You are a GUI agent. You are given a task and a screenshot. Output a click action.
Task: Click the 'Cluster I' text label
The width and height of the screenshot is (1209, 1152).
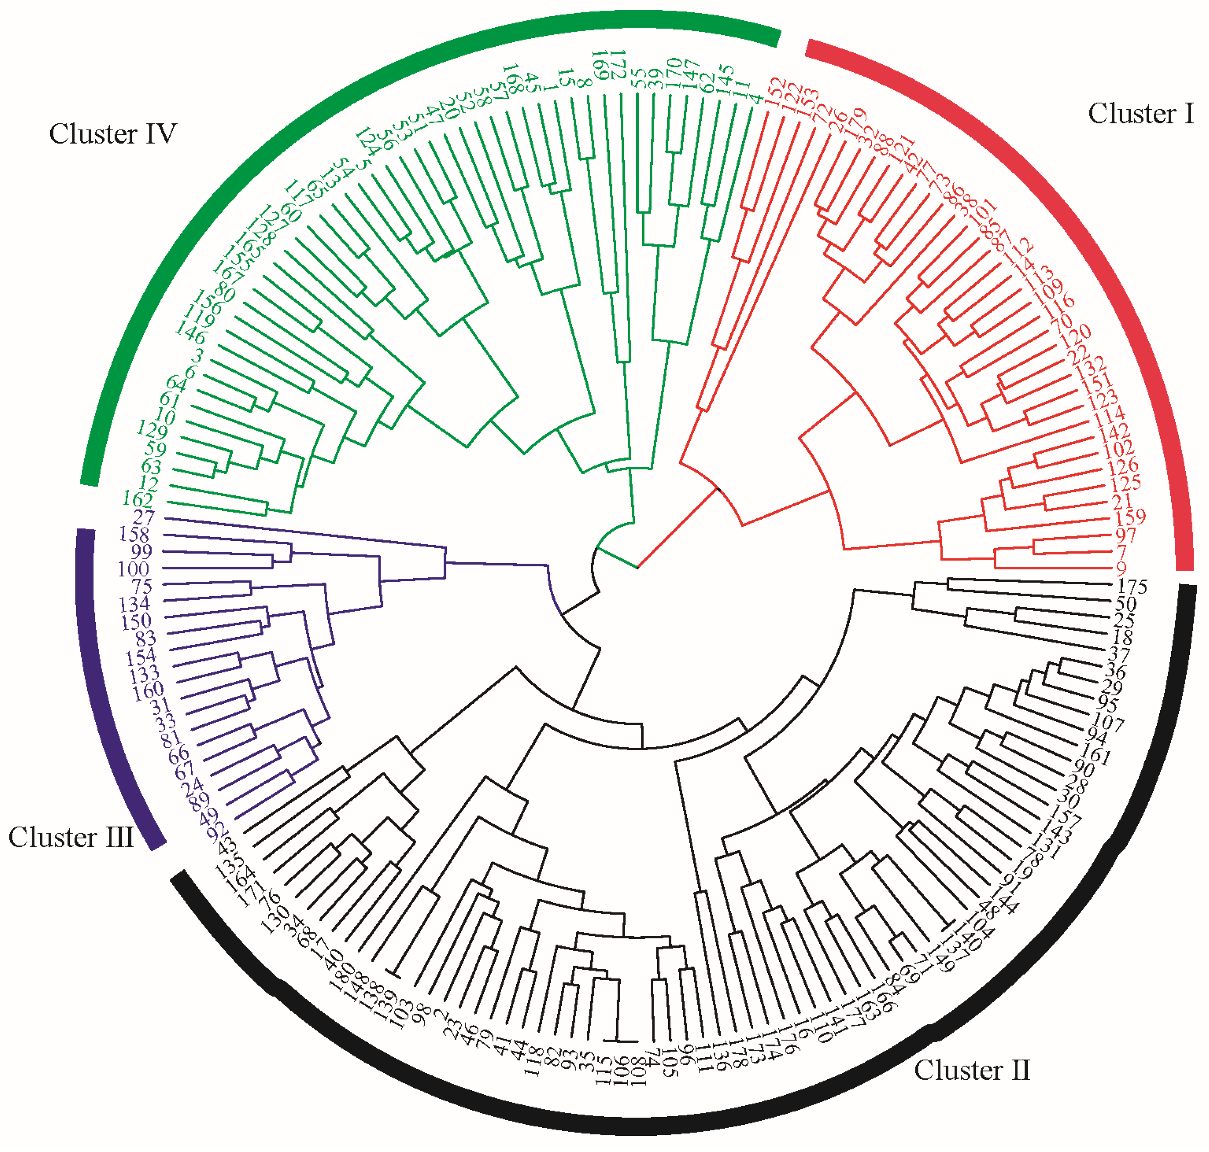(1140, 114)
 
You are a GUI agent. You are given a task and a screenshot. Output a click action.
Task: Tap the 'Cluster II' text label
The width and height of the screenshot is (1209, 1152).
(972, 1070)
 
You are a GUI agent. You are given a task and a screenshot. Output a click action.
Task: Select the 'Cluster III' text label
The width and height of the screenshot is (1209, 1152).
(71, 837)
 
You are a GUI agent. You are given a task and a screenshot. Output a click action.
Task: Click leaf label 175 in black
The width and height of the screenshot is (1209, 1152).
(1132, 586)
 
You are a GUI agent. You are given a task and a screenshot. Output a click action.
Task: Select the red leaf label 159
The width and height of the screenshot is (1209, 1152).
(1130, 517)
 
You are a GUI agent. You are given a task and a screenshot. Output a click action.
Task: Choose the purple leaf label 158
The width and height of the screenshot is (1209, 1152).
(134, 534)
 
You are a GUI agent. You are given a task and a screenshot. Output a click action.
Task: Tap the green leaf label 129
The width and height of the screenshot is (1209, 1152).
(151, 430)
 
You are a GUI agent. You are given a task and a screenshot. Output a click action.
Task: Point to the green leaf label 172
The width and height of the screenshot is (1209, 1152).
(618, 65)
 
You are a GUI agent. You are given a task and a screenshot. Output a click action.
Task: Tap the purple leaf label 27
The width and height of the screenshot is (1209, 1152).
(144, 517)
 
